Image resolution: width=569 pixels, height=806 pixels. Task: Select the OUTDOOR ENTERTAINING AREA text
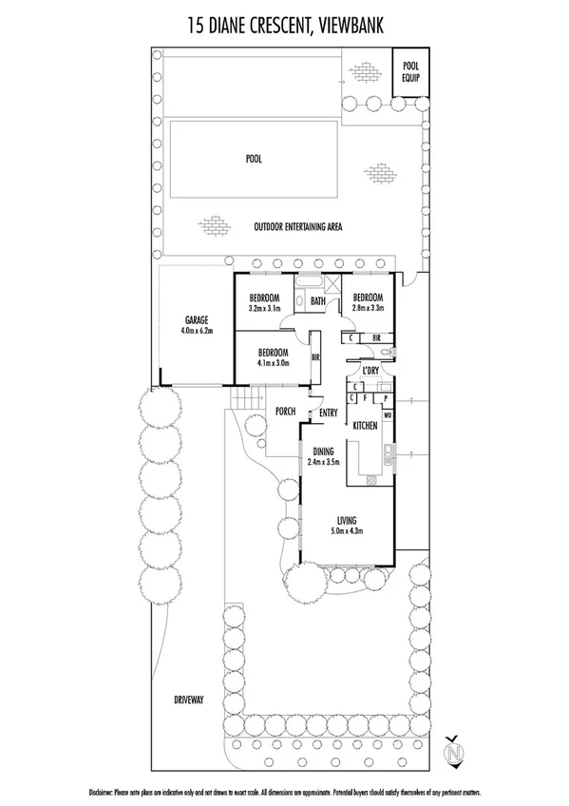pyautogui.click(x=297, y=227)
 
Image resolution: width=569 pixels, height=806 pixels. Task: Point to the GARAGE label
pyautogui.click(x=197, y=320)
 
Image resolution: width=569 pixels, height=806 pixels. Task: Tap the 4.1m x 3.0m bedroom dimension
pyautogui.click(x=271, y=363)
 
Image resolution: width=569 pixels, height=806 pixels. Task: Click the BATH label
pyautogui.click(x=317, y=301)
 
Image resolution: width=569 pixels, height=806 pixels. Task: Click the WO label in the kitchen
pyautogui.click(x=388, y=415)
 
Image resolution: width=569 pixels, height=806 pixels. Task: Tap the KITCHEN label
pyautogui.click(x=366, y=428)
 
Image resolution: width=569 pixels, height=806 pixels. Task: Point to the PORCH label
pyautogui.click(x=283, y=412)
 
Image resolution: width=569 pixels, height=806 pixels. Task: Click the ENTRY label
pyautogui.click(x=329, y=413)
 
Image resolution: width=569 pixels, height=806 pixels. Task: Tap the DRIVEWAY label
pyautogui.click(x=189, y=700)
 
